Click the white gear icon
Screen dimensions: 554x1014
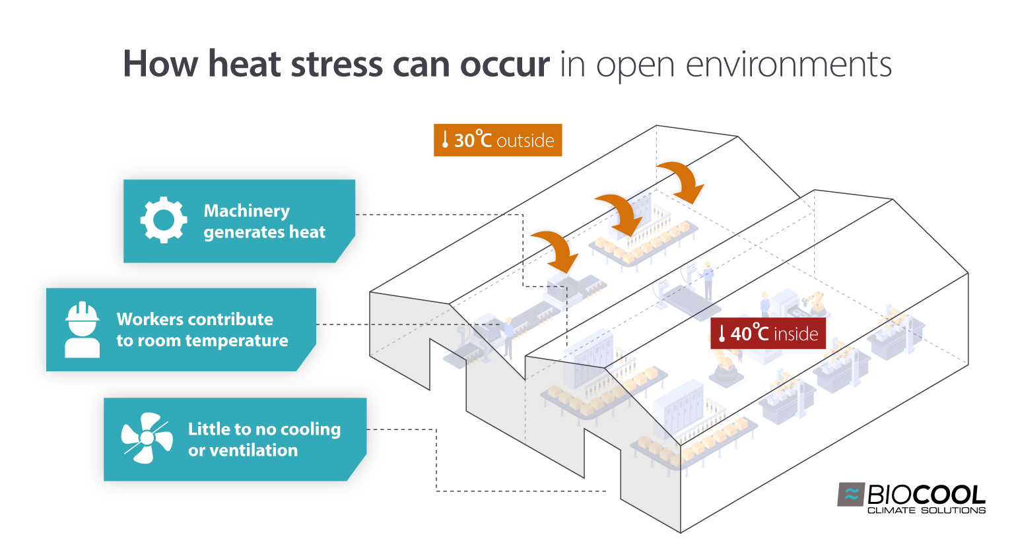163,220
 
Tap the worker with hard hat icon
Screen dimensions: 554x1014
83,330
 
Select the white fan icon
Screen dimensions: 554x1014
147,439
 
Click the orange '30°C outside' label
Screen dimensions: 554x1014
497,140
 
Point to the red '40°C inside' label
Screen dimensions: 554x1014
768,334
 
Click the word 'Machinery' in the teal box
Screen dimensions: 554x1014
246,211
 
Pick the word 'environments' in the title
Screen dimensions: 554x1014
789,65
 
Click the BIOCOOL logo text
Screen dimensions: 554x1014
926,495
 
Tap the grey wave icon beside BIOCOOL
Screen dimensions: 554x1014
851,494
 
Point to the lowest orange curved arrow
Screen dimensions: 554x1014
556,251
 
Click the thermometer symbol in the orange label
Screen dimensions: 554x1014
445,140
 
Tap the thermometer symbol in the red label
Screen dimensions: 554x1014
722,334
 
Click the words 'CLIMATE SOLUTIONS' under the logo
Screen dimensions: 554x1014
926,510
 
